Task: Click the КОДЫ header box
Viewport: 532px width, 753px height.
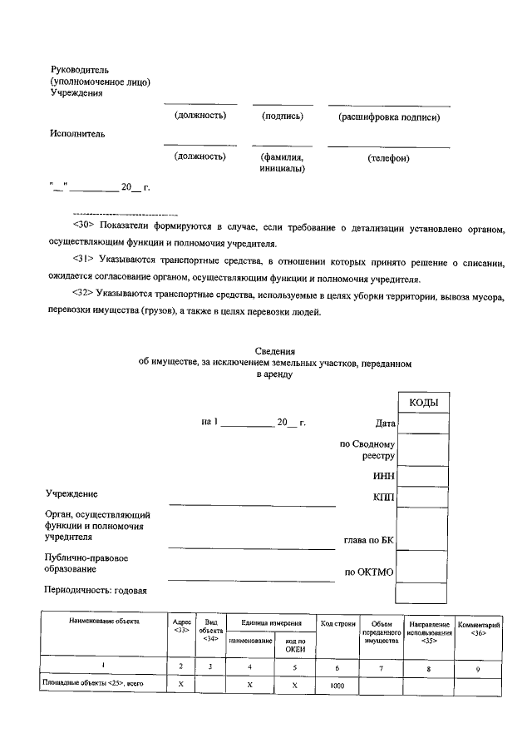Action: click(423, 403)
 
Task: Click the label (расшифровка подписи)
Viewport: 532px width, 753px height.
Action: click(388, 116)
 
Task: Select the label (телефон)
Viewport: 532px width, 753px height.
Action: click(388, 158)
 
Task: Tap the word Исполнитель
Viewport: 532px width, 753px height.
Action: click(77, 133)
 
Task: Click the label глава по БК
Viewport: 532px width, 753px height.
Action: click(368, 540)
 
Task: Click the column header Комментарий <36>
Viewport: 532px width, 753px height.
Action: click(479, 628)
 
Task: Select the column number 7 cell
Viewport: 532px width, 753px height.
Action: click(381, 667)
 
